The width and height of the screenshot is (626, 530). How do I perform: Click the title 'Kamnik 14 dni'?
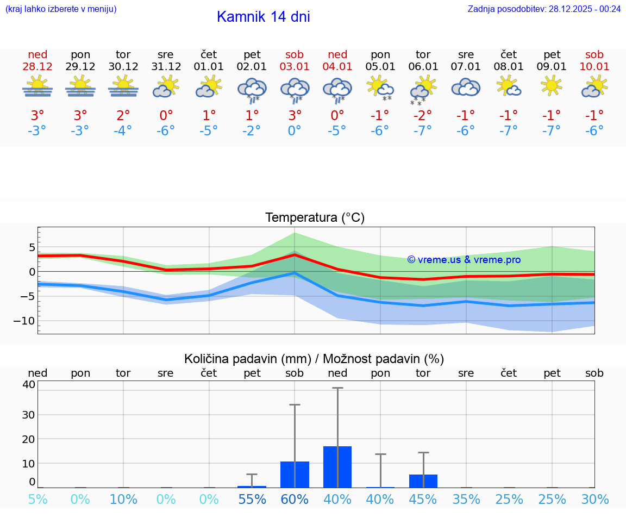[x=263, y=17]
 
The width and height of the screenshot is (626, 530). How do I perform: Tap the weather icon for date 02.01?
[x=252, y=89]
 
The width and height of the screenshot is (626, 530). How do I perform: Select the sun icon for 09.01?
[x=552, y=85]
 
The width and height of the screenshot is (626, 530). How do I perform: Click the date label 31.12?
[x=166, y=67]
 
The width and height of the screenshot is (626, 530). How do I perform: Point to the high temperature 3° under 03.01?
[x=295, y=115]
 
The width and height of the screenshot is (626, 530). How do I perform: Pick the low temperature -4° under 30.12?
[x=123, y=130]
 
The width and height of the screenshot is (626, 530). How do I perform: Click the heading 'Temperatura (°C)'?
[x=315, y=218]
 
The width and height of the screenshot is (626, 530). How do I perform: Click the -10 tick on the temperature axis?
[x=24, y=321]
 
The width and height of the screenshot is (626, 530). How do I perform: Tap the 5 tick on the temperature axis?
[x=32, y=247]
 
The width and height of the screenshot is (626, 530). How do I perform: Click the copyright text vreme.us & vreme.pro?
[x=464, y=260]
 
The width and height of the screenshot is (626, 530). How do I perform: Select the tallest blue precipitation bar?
[x=337, y=467]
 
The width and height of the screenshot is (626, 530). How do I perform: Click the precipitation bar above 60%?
[x=295, y=475]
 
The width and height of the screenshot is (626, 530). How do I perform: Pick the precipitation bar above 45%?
[x=423, y=481]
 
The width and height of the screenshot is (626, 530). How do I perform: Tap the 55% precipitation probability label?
[x=252, y=499]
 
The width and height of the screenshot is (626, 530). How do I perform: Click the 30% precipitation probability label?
[x=594, y=499]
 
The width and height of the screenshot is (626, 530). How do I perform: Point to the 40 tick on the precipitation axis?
[x=29, y=385]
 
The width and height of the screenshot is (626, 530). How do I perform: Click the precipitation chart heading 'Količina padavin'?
[x=247, y=359]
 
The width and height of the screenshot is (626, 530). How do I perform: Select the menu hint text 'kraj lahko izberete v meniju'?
[x=61, y=9]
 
